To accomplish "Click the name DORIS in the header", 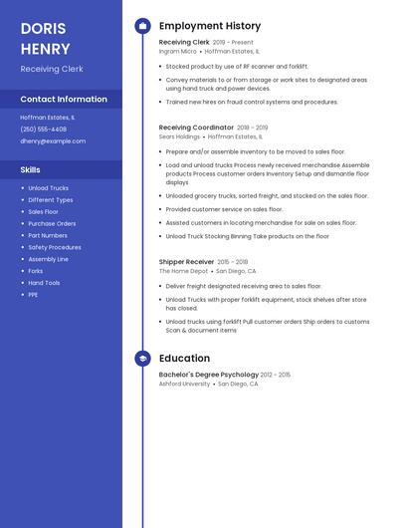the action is coord(44,28).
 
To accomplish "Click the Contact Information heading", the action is coord(64,100).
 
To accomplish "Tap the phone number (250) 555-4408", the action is coord(44,130).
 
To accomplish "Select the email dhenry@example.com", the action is coord(53,141).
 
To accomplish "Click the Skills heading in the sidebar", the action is coord(31,170).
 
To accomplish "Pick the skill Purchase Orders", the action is coord(52,223).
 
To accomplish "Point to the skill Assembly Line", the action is coord(48,259).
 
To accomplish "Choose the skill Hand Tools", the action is coord(44,283).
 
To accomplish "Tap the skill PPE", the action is coord(33,295).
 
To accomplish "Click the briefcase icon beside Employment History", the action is coord(142,26).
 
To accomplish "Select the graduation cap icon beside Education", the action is coord(142,359).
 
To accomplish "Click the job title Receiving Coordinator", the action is coord(196,128).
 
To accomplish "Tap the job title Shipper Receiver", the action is coord(186,262).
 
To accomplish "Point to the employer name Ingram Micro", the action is coord(175,51).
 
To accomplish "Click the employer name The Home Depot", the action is coord(183,271).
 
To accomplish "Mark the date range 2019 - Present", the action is coord(234,43).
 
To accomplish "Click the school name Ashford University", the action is coord(184,384).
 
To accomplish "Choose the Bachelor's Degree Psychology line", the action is coord(209,375).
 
